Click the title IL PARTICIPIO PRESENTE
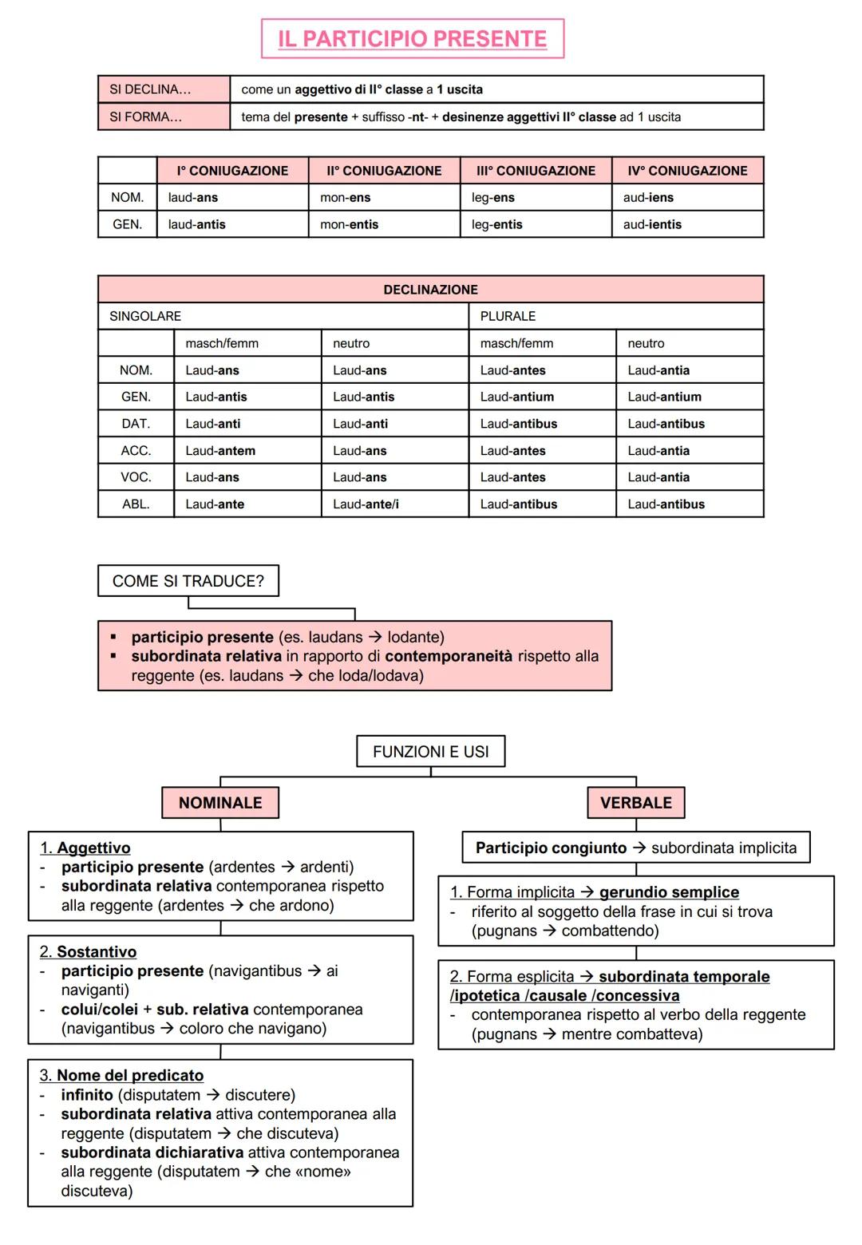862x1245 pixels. click(412, 38)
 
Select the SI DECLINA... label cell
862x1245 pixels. click(163, 89)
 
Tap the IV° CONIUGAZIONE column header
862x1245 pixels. click(687, 171)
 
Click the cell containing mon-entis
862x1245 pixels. click(350, 224)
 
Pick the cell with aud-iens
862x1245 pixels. click(648, 197)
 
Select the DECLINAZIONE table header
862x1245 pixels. click(430, 290)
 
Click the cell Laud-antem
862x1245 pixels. click(220, 451)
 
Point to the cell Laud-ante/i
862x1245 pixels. click(366, 504)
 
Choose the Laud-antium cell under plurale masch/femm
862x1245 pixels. click(516, 397)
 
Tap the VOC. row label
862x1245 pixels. click(136, 477)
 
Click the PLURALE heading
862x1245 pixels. click(508, 316)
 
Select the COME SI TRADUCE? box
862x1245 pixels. click(188, 581)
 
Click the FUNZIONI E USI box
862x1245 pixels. click(430, 752)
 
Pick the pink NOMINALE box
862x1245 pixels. click(220, 803)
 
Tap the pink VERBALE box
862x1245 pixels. click(635, 803)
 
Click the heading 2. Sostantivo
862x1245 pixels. click(88, 952)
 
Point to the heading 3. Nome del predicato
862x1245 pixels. click(121, 1076)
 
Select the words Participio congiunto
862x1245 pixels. click(551, 848)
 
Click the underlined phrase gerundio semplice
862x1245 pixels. click(669, 892)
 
